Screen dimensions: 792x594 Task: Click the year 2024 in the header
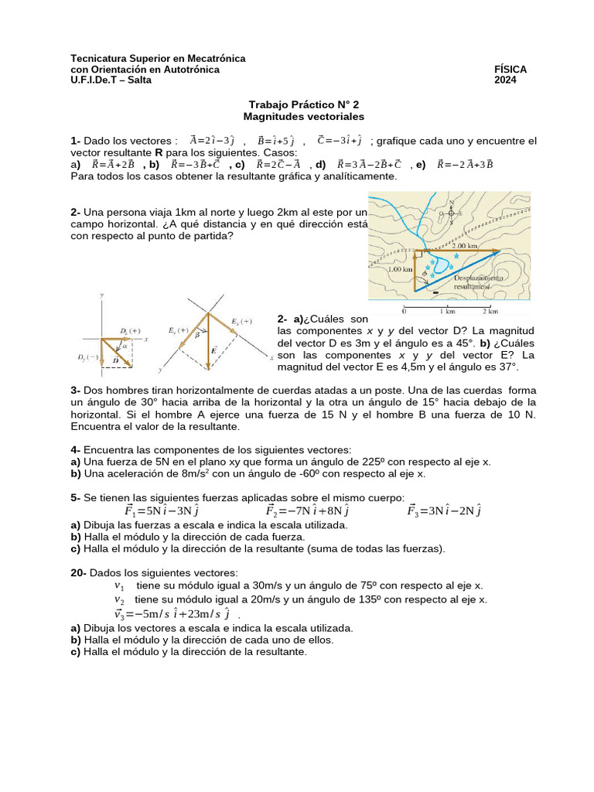(x=506, y=80)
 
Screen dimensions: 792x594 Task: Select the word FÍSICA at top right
(x=510, y=70)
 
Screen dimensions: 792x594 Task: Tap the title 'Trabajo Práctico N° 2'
(x=303, y=104)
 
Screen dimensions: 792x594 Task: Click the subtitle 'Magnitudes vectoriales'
(x=303, y=116)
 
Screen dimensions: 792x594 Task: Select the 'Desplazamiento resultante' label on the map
(x=480, y=281)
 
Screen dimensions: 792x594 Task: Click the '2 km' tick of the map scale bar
(x=489, y=312)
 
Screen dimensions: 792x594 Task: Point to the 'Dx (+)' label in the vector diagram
(x=130, y=331)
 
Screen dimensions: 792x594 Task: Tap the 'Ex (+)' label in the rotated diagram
(x=241, y=321)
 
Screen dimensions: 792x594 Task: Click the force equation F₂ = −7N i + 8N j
(x=307, y=510)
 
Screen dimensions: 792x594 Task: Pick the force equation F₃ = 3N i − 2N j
(x=445, y=510)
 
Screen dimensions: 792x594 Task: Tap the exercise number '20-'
(x=79, y=572)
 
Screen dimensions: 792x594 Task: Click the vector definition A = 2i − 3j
(x=212, y=141)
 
